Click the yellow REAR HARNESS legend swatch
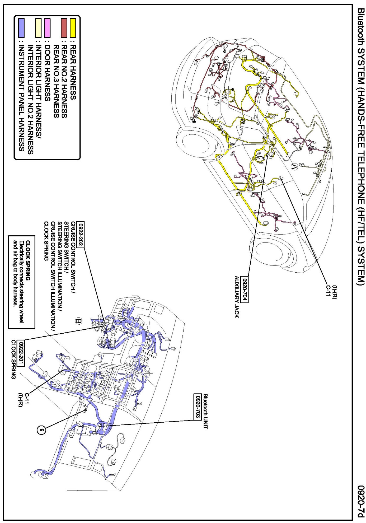(73, 28)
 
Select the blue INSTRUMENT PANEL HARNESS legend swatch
(21, 28)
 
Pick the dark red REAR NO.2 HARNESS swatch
(64, 28)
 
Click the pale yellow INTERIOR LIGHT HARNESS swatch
(39, 28)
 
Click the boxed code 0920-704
(245, 289)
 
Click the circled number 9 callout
(41, 430)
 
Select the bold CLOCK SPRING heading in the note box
(28, 260)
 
